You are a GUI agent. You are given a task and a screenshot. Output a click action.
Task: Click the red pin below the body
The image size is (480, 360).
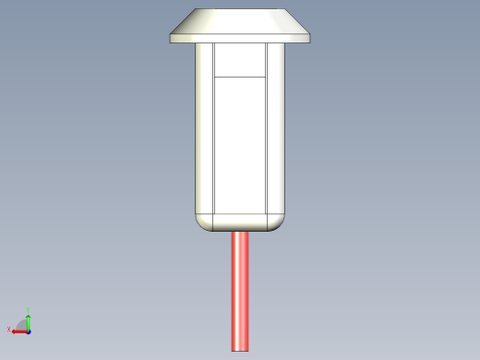coord(240,291)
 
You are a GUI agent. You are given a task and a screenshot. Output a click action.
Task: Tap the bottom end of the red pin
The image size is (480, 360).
coord(240,349)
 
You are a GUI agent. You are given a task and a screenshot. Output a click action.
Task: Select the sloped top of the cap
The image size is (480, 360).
coord(240,21)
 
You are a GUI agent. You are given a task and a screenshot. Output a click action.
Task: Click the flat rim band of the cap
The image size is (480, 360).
coord(240,38)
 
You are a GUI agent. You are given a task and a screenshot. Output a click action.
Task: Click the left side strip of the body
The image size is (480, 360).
coord(205,129)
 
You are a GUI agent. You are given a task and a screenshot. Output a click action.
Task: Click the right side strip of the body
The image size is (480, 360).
coord(276,129)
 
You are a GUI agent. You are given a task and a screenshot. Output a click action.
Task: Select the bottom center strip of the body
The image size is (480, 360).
coord(240,222)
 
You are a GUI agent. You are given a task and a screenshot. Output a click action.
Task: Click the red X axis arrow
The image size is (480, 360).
coord(18,330)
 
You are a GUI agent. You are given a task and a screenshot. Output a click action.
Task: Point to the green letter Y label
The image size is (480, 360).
coord(29,310)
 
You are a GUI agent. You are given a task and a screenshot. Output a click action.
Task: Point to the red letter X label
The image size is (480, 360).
coord(9,330)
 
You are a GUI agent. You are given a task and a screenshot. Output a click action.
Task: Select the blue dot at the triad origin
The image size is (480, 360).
coord(29,330)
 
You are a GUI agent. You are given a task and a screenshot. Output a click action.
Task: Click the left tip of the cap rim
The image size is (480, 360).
coord(171,38)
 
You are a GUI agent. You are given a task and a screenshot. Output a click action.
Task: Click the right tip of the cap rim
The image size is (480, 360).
coord(309,38)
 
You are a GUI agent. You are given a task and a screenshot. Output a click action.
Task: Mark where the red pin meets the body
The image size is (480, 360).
coord(240,232)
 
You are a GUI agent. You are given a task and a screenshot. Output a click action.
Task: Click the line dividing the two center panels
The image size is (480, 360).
coord(240,76)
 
